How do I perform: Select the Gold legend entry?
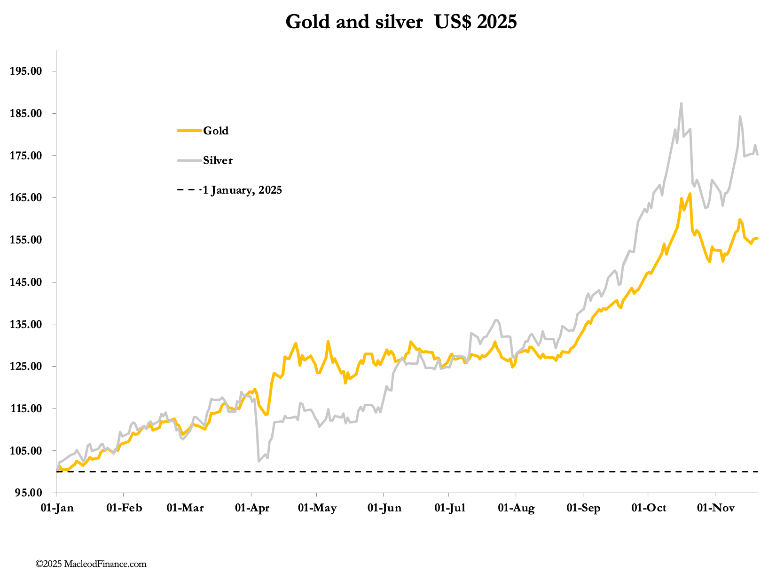point(215,131)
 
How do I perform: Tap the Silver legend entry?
point(218,160)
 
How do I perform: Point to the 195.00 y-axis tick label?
point(29,71)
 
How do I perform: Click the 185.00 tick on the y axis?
point(29,113)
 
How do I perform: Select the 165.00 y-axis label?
point(29,198)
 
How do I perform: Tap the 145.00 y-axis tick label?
point(29,282)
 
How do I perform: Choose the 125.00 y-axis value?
point(29,367)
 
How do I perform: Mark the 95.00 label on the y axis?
point(31,493)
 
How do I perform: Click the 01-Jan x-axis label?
point(55,508)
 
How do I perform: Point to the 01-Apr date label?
point(252,508)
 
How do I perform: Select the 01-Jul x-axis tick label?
point(449,508)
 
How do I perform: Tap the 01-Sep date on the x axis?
point(583,508)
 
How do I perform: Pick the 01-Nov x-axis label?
point(715,508)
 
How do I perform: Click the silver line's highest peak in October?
point(681,103)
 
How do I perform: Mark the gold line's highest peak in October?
point(690,193)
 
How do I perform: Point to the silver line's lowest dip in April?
point(259,461)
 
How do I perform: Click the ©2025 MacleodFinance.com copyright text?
point(91,564)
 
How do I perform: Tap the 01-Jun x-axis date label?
point(384,508)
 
